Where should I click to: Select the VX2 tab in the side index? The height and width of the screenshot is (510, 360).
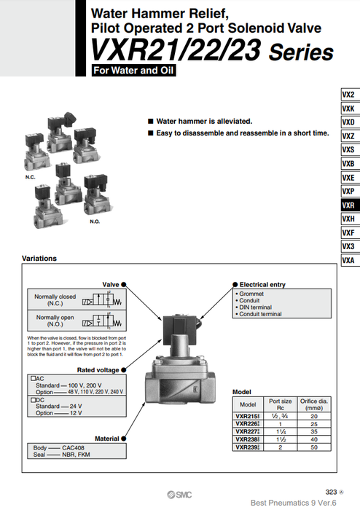click(348, 95)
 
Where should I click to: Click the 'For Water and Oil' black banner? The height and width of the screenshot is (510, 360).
click(134, 71)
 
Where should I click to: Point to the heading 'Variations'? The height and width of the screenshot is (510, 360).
click(40, 259)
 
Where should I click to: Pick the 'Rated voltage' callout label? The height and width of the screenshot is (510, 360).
click(100, 370)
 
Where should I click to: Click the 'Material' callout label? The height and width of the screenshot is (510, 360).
click(106, 439)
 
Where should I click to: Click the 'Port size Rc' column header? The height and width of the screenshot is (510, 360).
click(281, 404)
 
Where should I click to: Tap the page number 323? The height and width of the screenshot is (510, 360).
click(330, 493)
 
